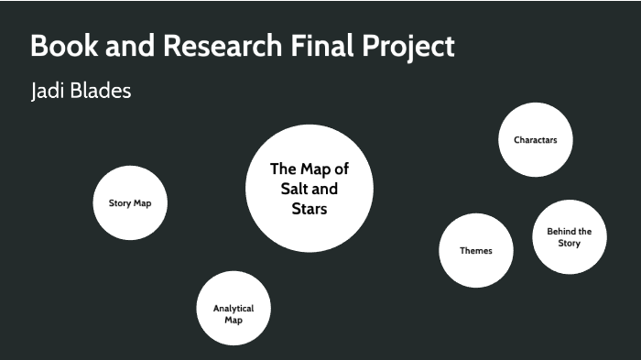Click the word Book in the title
coord(60,47)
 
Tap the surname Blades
coord(106,93)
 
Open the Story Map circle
coord(130,202)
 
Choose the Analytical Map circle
coord(234,309)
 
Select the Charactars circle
coord(536,139)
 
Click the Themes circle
coord(475,250)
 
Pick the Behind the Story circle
coord(569,237)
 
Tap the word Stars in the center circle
coord(310,208)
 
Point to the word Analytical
coord(234,309)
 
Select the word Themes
coord(475,251)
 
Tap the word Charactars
coord(536,140)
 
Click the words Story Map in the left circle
coord(130,202)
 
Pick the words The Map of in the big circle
coord(310,169)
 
